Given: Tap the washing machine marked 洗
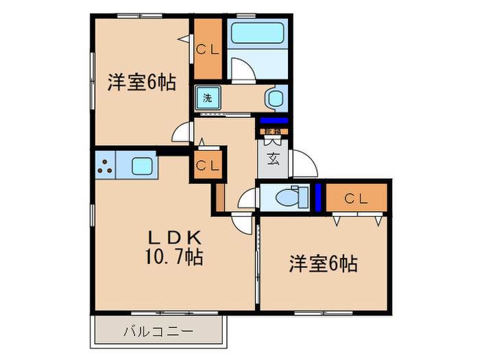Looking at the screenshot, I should (207, 97).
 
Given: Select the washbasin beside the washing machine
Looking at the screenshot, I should (276, 98).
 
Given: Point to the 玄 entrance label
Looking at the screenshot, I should (273, 159).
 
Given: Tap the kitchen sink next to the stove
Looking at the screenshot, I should (141, 165).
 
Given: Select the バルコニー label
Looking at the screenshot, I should (158, 332).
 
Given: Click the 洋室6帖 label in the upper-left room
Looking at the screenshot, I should (141, 83).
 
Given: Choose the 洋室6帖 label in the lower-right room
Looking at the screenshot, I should (323, 263).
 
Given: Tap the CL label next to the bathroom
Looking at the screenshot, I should (208, 49).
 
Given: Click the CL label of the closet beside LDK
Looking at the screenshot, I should (208, 165).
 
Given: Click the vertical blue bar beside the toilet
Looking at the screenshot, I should (318, 198).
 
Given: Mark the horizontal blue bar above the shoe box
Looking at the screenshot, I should (273, 121).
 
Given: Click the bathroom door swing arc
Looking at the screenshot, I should (242, 69).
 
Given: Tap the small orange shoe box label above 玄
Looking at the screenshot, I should (272, 130).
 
